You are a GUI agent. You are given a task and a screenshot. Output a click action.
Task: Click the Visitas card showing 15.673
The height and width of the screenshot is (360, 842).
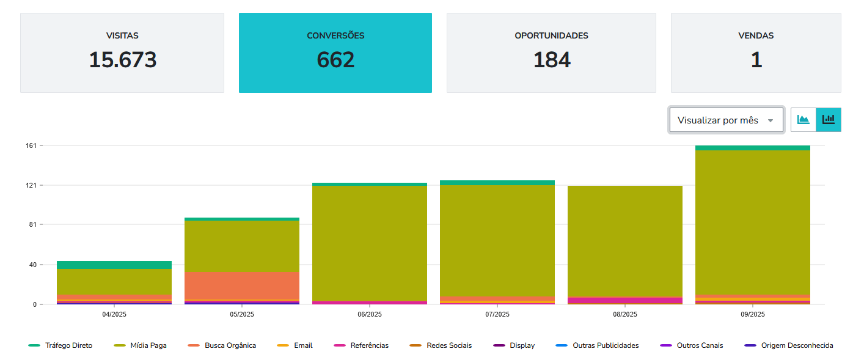[122, 53]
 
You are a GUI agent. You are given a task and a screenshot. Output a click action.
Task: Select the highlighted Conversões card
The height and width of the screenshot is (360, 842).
[335, 53]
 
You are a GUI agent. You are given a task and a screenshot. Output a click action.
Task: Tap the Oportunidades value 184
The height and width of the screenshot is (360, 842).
[552, 60]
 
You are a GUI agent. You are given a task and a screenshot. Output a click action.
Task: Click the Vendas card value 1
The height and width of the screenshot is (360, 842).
[756, 60]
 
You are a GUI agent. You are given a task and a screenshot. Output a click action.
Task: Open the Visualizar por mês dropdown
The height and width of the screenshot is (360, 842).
[726, 120]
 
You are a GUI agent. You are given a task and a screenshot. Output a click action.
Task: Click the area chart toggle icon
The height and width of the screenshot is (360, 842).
[804, 120]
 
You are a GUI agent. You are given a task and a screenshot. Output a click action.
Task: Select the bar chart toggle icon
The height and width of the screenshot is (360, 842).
[829, 120]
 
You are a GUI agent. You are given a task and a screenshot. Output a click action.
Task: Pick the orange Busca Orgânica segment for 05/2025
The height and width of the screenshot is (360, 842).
[242, 285]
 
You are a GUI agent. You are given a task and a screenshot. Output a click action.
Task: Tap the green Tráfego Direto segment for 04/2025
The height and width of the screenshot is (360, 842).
[114, 265]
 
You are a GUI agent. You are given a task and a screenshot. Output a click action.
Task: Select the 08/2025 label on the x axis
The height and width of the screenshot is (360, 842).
[625, 314]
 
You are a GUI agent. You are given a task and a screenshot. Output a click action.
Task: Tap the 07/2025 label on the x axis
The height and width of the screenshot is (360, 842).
[497, 314]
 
